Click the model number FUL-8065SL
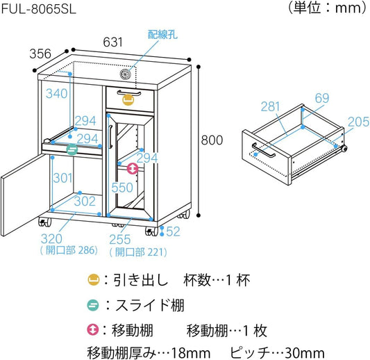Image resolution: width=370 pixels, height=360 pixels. coord(39,10)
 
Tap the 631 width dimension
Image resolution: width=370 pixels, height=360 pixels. coord(112,42)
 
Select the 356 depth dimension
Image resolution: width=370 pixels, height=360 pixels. coord(40,54)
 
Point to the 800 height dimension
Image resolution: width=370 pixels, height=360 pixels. coord(212,140)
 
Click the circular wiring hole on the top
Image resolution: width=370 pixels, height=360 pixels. coord(125,74)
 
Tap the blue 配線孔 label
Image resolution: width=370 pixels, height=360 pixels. coord(162,35)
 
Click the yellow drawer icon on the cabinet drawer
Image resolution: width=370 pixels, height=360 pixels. coord(128,99)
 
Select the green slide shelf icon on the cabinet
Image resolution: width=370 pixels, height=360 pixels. coord(72,149)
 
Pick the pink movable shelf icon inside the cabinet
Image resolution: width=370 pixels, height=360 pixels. coord(133,169)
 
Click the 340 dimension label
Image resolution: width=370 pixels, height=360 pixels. coord(57,94)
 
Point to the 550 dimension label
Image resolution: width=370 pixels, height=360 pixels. coord(122,188)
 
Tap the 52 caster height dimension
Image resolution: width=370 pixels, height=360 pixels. coord(173,231)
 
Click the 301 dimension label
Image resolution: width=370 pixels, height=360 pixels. coord(62,178)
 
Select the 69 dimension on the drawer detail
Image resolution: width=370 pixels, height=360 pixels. coord(322,98)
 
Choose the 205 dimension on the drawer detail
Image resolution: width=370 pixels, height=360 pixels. coord(358,122)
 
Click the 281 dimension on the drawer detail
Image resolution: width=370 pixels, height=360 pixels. coord(271,106)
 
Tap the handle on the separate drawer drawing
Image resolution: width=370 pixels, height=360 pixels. coord(264,150)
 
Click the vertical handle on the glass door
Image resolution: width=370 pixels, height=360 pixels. coord(110,136)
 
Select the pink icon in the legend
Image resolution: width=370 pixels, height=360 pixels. coord(93,330)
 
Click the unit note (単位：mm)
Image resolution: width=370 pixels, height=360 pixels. coord(328,8)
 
